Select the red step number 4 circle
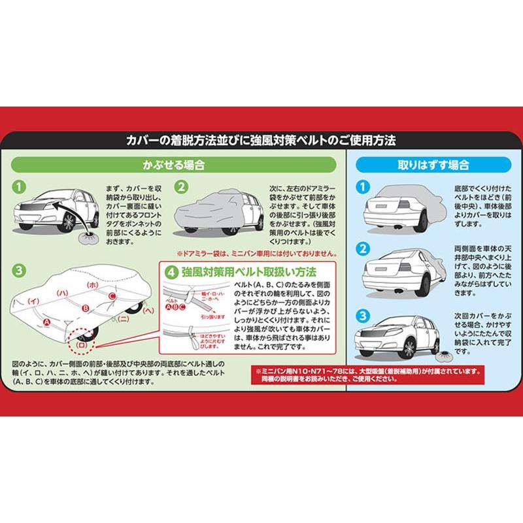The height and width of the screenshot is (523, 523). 170,269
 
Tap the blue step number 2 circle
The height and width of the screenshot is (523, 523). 360,250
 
